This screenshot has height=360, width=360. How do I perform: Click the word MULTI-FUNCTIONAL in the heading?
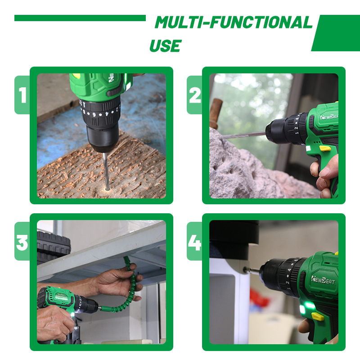234,22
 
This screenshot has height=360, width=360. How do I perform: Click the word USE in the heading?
166,46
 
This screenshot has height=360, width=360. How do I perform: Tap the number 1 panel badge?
22,95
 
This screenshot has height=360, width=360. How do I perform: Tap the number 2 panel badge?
195,95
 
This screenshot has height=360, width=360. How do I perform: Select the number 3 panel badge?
22,241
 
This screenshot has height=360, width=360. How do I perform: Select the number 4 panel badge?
195,241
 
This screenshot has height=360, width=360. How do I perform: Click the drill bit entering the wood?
106,171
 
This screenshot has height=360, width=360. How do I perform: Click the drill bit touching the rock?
243,135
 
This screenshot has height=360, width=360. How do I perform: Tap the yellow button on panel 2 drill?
325,148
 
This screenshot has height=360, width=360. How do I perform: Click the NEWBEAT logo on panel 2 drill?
329,117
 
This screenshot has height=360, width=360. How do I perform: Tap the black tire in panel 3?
54,246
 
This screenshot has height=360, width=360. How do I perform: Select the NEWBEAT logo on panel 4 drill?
323,280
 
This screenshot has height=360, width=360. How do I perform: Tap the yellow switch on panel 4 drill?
318,317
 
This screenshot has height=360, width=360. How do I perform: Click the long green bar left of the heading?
80,18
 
